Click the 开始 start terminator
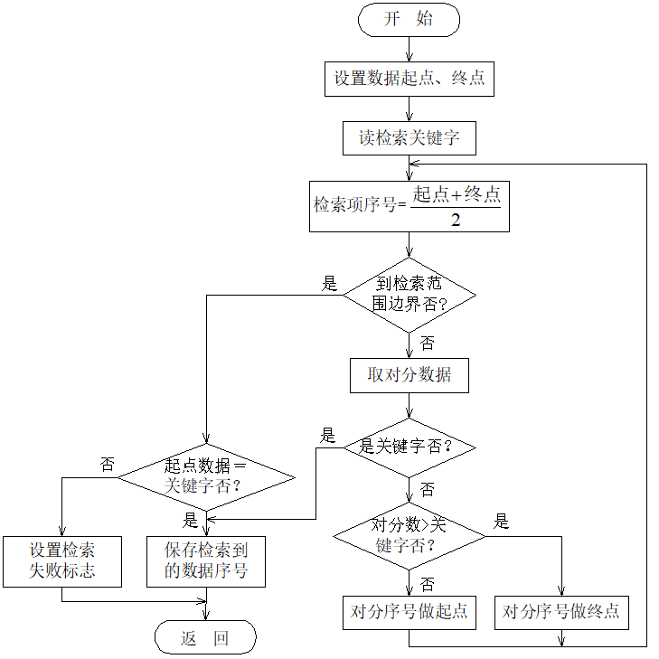click(x=409, y=20)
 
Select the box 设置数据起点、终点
click(x=409, y=79)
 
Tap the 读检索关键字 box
click(x=409, y=138)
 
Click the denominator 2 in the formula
click(x=456, y=220)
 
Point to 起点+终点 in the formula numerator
click(x=456, y=194)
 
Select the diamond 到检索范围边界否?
click(x=409, y=295)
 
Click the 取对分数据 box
click(x=409, y=375)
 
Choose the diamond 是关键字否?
click(x=409, y=447)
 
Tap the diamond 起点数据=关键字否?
click(x=205, y=476)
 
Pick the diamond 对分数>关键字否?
click(x=409, y=536)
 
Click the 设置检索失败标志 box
click(x=62, y=560)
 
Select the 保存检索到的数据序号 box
click(x=205, y=560)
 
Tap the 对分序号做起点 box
click(x=409, y=612)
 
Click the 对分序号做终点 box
click(x=560, y=612)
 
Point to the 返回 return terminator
click(x=205, y=638)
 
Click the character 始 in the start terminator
click(x=425, y=20)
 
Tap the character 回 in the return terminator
click(x=221, y=638)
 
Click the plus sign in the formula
click(x=457, y=194)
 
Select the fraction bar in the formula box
click(x=456, y=207)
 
